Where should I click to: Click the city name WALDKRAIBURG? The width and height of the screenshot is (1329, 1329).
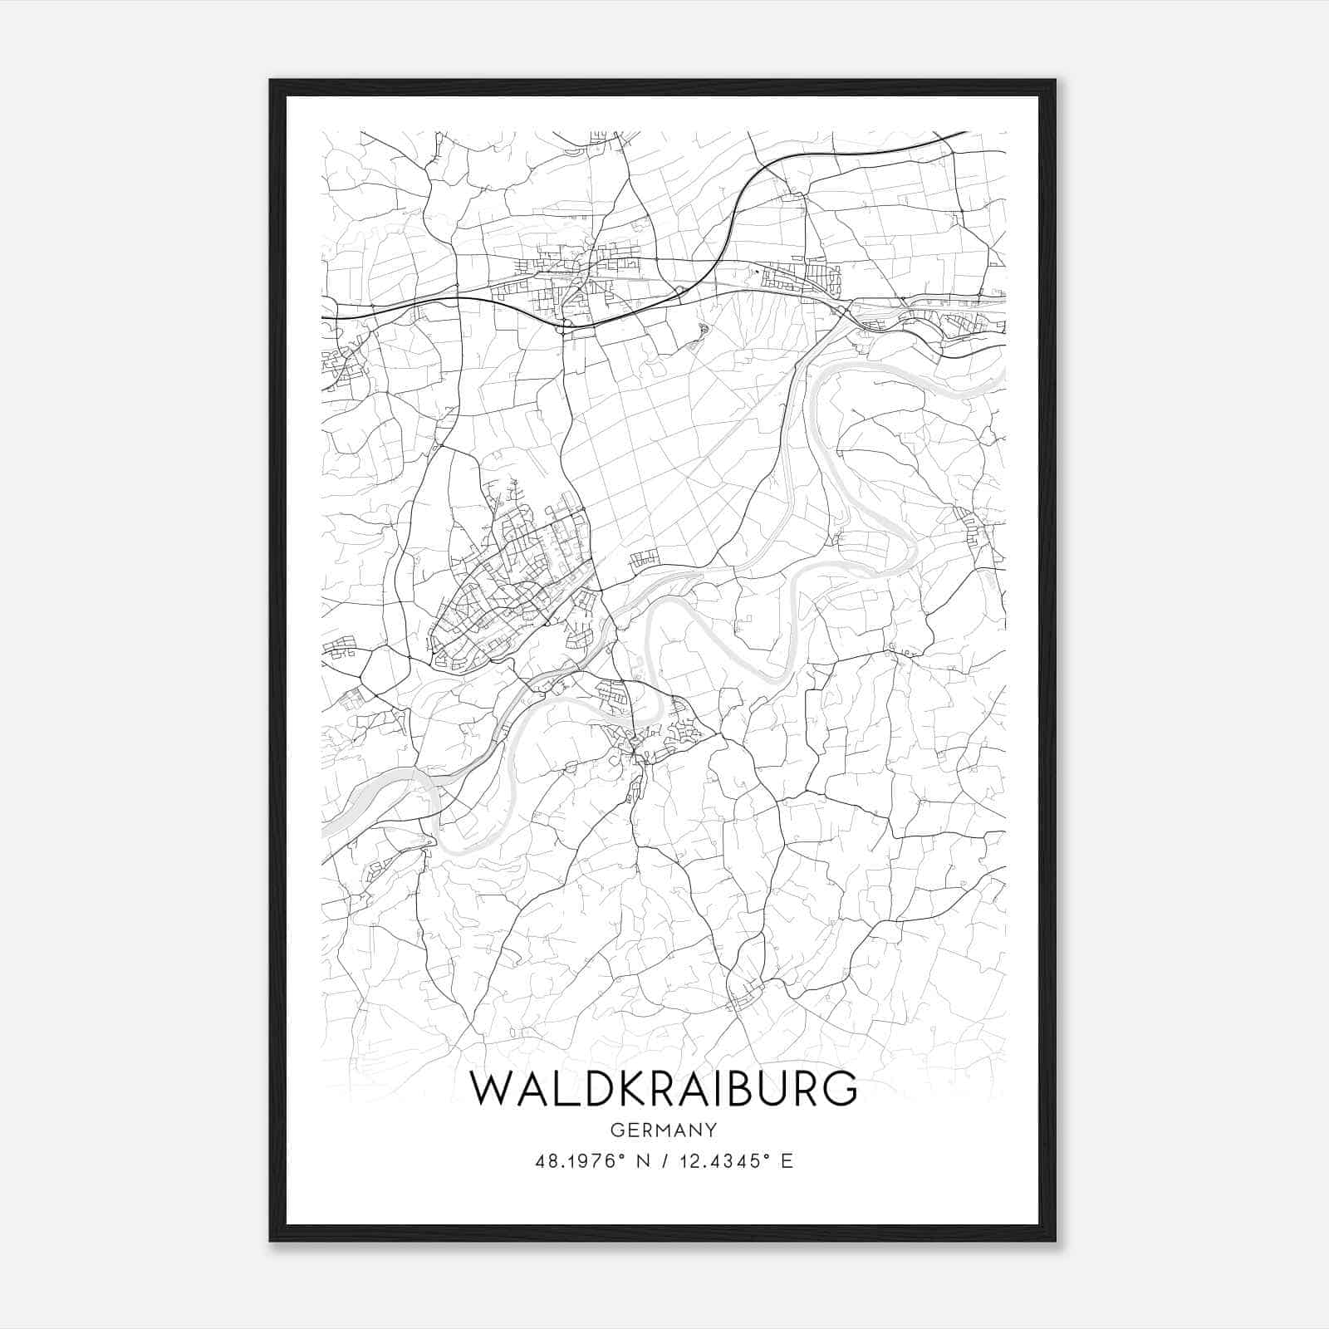[663, 1088]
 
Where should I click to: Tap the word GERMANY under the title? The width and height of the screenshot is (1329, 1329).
[663, 1130]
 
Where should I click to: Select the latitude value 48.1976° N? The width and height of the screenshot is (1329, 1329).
[590, 1160]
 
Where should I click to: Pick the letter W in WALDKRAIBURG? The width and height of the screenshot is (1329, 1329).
[493, 1089]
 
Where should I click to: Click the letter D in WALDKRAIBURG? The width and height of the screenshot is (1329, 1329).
[593, 1089]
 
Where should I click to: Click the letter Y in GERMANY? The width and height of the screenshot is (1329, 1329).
[709, 1130]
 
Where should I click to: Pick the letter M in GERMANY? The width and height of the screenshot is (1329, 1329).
[664, 1130]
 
